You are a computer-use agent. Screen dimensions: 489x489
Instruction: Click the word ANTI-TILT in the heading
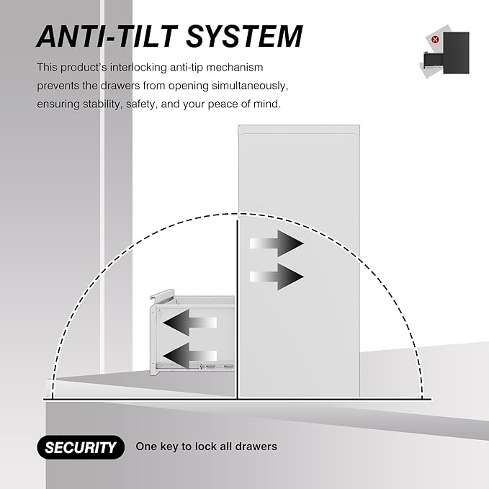click(x=107, y=36)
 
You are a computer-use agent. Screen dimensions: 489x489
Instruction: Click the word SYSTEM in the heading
click(x=244, y=36)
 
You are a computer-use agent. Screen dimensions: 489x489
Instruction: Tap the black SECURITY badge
click(x=81, y=447)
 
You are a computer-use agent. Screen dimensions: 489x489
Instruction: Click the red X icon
click(x=435, y=40)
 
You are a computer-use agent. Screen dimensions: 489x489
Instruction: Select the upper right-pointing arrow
click(x=277, y=243)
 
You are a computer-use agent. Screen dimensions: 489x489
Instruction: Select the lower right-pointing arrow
click(x=277, y=277)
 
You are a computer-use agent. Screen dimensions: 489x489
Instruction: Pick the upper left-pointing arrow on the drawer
click(x=189, y=323)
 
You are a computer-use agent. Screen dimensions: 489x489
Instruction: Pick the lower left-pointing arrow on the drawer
click(x=189, y=356)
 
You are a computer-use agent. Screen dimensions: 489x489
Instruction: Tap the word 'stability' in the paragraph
click(x=102, y=104)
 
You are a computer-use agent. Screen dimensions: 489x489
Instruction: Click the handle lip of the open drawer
click(x=161, y=295)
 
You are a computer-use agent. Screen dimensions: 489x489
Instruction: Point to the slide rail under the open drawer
click(x=195, y=366)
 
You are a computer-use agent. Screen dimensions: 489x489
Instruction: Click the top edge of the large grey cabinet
click(x=299, y=126)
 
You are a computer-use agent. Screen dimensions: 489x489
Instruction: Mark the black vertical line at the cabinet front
click(x=238, y=310)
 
